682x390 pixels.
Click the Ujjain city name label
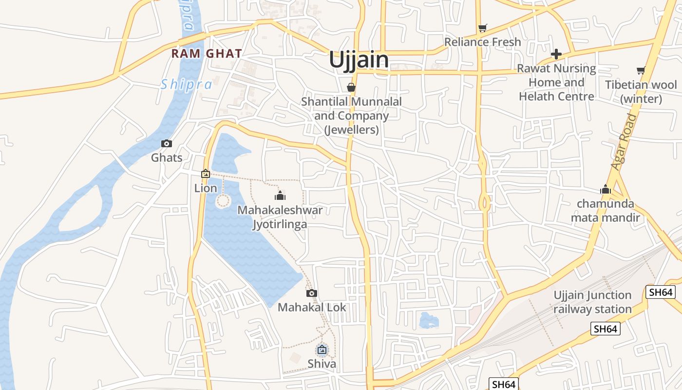[x=359, y=60]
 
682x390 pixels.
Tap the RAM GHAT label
[x=207, y=54]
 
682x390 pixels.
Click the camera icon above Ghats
[x=167, y=143]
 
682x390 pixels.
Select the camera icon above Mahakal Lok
[x=312, y=293]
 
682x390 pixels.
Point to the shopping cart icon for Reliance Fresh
[x=482, y=28]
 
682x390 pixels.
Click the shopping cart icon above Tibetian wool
[x=641, y=71]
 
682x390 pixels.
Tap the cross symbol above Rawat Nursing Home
[x=556, y=54]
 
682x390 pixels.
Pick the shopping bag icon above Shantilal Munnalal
[x=351, y=87]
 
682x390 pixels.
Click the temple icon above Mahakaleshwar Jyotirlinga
[x=280, y=196]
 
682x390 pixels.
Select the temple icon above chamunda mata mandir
[x=606, y=190]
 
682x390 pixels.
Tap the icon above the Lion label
[x=206, y=174]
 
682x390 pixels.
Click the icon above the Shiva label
[x=322, y=349]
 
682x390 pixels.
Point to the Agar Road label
[x=624, y=142]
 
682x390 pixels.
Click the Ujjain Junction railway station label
[x=592, y=302]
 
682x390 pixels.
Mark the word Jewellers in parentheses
[x=352, y=130]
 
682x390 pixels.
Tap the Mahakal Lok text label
[x=312, y=308]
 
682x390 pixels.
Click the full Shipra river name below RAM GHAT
[x=187, y=85]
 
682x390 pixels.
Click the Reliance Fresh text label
[x=482, y=42]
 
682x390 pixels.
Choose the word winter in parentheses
[x=641, y=99]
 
